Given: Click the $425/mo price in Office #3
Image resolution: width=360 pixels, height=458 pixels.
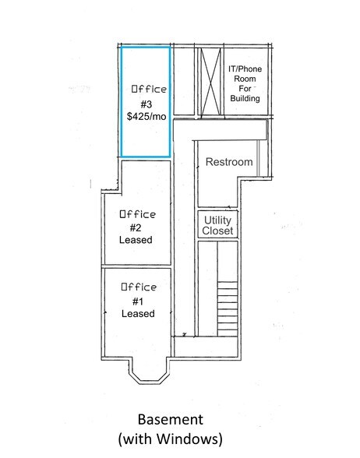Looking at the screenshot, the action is tap(146, 117).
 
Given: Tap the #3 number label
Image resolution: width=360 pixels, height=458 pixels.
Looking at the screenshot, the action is tap(146, 104).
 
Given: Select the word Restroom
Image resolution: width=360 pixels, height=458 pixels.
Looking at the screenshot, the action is tap(229, 162).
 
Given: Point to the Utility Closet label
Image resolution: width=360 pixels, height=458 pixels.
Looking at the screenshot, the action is tap(217, 226).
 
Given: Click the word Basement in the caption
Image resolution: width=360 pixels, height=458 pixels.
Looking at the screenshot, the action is tap(171, 419).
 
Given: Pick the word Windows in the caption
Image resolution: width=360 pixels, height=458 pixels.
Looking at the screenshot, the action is tap(186, 439).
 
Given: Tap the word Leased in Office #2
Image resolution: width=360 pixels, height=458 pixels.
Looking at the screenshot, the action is tap(136, 240).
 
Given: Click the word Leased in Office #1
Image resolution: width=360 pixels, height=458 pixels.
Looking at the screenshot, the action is tap(138, 313).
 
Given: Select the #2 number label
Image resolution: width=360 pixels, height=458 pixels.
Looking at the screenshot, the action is tap(136, 227).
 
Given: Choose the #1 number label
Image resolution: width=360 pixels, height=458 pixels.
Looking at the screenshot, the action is tap(138, 301).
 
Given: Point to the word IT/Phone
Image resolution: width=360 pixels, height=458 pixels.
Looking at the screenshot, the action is tap(245, 69).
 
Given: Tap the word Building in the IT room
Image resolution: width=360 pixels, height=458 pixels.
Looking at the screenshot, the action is tap(245, 98).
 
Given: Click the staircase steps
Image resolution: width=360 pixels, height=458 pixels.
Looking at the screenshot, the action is tap(228, 308).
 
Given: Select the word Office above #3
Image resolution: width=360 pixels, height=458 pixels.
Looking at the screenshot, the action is tap(149, 89).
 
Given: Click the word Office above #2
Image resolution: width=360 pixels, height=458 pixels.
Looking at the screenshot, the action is tap(138, 214).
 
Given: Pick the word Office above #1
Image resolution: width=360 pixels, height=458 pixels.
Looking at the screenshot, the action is tap(139, 287).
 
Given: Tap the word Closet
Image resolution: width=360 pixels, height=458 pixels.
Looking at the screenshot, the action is tap(217, 231).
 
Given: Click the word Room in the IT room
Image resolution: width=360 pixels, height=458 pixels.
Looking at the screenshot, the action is tap(245, 79).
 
